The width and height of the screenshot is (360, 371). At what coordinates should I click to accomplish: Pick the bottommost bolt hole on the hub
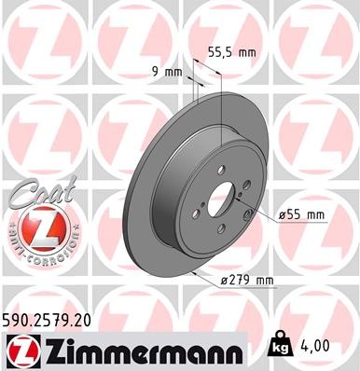[220, 233]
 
